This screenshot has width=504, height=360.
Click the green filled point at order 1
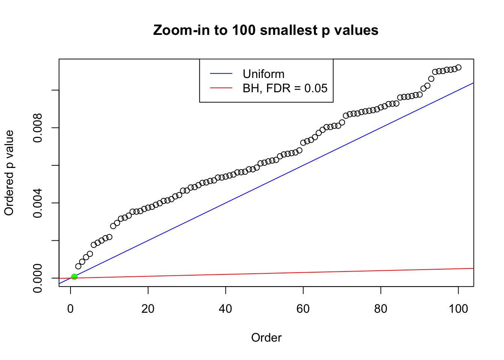pyautogui.click(x=74, y=277)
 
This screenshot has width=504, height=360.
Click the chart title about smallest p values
pyautogui.click(x=265, y=30)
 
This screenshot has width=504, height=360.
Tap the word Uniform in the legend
pyautogui.click(x=263, y=74)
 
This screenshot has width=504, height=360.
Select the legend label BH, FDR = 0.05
pyautogui.click(x=285, y=88)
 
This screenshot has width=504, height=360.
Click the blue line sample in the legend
pyautogui.click(x=221, y=74)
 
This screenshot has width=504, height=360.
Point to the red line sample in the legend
pyautogui.click(x=221, y=88)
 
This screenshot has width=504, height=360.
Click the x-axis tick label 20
pyautogui.click(x=148, y=309)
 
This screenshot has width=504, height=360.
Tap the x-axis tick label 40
pyautogui.click(x=226, y=309)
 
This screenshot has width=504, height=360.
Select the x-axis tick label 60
pyautogui.click(x=303, y=309)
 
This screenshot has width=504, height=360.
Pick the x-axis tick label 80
pyautogui.click(x=381, y=309)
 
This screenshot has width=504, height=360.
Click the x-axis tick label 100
pyautogui.click(x=458, y=309)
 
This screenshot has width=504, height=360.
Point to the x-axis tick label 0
pyautogui.click(x=70, y=309)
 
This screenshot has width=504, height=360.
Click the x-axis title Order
pyautogui.click(x=266, y=337)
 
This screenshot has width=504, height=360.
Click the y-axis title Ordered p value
pyautogui.click(x=9, y=173)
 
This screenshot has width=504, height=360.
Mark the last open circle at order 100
pyautogui.click(x=458, y=67)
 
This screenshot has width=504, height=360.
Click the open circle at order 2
pyautogui.click(x=78, y=266)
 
